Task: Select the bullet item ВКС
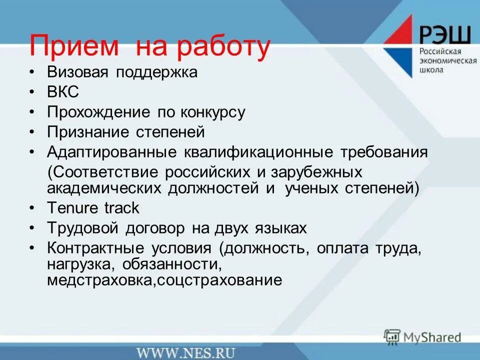click(x=63, y=92)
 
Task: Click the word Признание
click(x=87, y=132)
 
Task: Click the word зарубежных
click(x=314, y=172)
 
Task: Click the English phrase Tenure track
click(x=93, y=207)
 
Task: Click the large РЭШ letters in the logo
click(x=444, y=35)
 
